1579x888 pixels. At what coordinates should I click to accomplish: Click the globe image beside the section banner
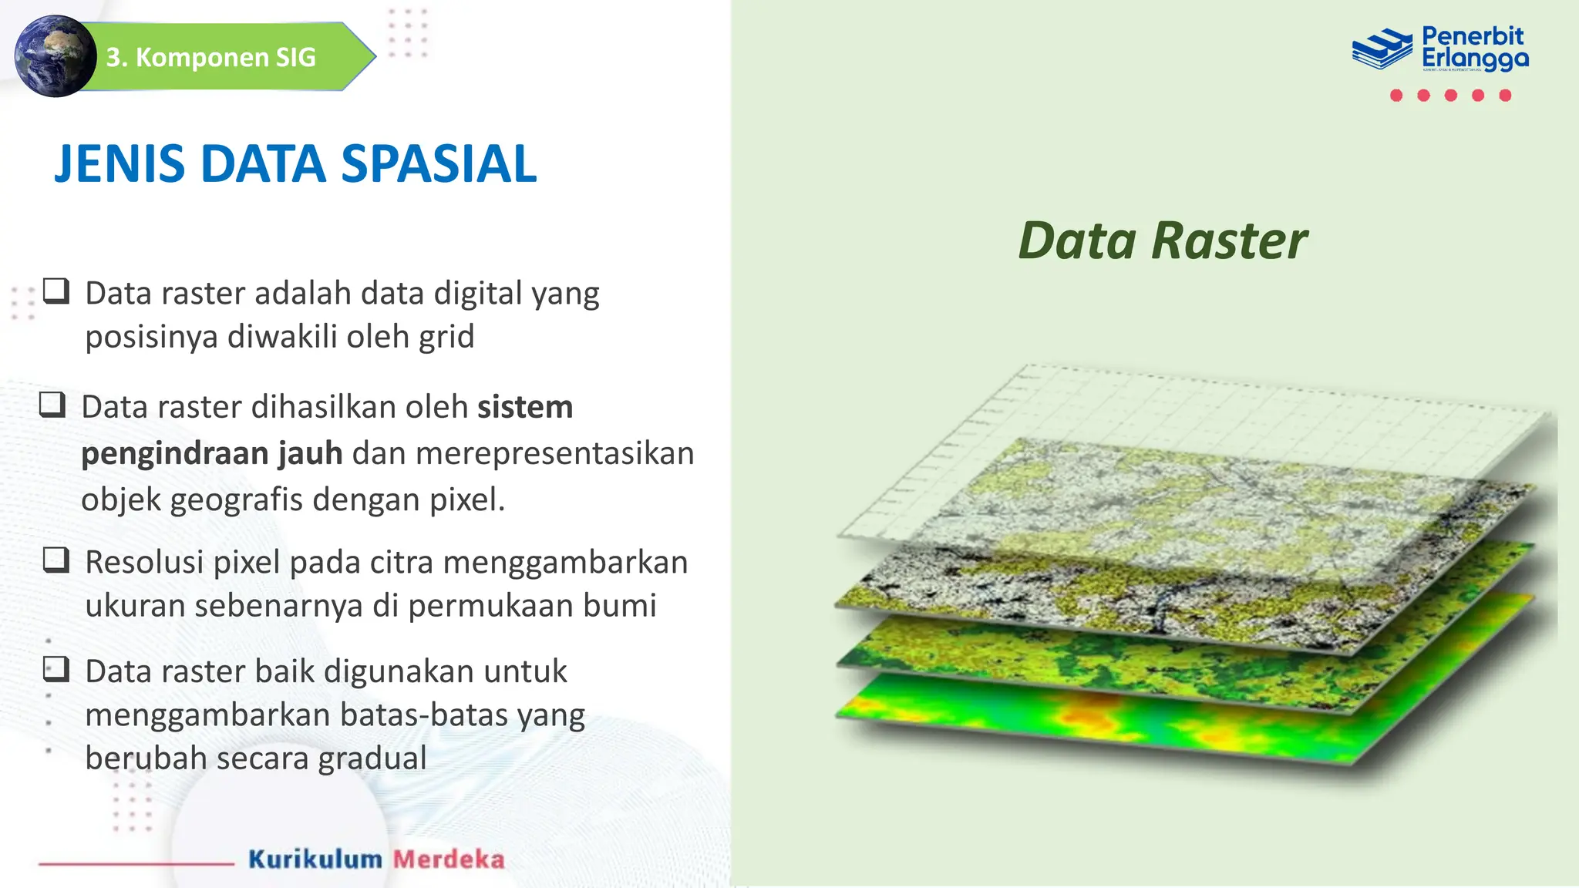click(54, 56)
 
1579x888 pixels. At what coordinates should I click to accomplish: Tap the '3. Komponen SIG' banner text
click(211, 57)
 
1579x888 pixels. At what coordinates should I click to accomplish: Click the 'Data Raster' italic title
click(1162, 240)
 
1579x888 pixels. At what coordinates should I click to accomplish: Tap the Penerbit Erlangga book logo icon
click(1382, 49)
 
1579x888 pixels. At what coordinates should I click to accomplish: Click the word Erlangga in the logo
click(1474, 59)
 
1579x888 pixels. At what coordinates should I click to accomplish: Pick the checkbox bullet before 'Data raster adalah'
click(56, 291)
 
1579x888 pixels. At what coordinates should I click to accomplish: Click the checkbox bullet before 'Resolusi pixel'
click(56, 560)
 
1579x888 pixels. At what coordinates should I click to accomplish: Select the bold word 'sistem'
click(525, 407)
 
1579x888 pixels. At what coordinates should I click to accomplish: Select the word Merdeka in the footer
click(449, 859)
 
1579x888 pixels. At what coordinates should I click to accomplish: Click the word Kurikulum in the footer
click(315, 859)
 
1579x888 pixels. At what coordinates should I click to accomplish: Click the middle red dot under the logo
click(1451, 96)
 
